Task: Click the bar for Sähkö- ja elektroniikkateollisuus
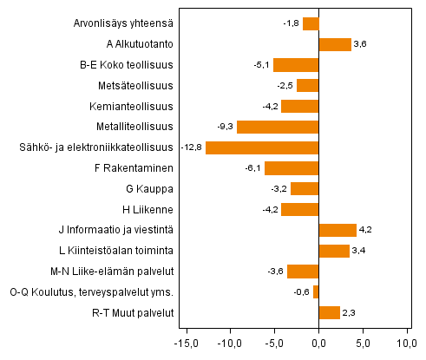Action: [x=262, y=147]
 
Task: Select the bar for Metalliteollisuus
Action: [x=278, y=127]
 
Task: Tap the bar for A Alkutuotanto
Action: [x=335, y=44]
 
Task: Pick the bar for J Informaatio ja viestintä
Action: [x=338, y=230]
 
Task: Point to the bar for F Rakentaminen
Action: [x=292, y=168]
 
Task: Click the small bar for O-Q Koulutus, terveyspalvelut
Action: [x=316, y=292]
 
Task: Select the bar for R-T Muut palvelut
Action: [x=329, y=313]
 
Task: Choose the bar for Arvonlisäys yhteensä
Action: [x=311, y=23]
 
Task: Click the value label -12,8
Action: [x=192, y=147]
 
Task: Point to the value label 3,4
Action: [x=359, y=251]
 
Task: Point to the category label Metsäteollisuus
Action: [x=136, y=86]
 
